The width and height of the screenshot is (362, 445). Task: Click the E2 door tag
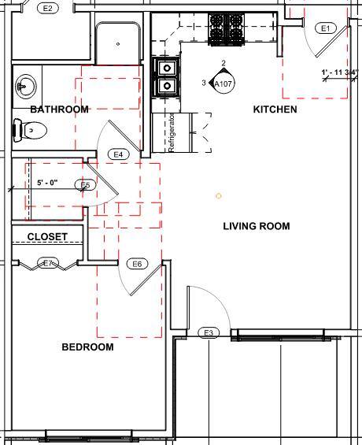tap(48, 8)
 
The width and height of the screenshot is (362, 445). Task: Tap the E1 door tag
tap(325, 28)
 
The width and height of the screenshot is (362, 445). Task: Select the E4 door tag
tap(120, 154)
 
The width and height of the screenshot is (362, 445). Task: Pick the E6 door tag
tap(137, 264)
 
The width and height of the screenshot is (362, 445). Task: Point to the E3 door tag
tap(209, 333)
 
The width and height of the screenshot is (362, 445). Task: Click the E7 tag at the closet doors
tap(48, 263)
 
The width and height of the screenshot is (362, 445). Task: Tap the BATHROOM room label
tap(59, 109)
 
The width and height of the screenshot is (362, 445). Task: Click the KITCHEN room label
tap(275, 109)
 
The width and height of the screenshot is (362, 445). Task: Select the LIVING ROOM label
tap(256, 226)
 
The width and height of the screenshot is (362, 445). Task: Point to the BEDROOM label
tap(87, 347)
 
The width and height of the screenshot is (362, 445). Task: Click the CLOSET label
tap(47, 236)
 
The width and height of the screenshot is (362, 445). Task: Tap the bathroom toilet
tap(27, 132)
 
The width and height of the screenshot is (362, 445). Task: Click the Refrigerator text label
tap(170, 132)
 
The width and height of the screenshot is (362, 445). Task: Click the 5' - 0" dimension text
tap(47, 183)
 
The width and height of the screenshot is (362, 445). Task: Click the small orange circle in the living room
tap(219, 195)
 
